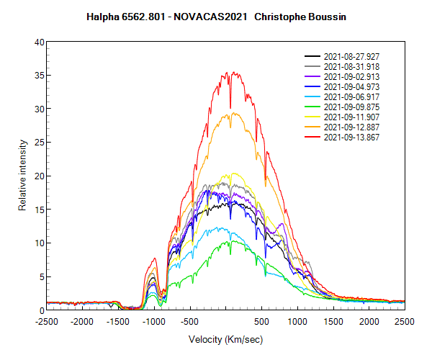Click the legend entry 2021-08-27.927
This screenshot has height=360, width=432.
[349, 56]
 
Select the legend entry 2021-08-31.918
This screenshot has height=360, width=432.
[349, 66]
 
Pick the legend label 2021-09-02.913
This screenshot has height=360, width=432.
[349, 76]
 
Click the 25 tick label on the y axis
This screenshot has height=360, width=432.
[40, 143]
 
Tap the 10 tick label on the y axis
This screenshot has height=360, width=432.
[40, 243]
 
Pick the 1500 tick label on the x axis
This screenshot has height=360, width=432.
[333, 322]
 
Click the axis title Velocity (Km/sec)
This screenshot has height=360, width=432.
[225, 339]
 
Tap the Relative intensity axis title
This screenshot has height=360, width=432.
[22, 176]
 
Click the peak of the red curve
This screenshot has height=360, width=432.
[227, 72]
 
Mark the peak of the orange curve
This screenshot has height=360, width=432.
[229, 112]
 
